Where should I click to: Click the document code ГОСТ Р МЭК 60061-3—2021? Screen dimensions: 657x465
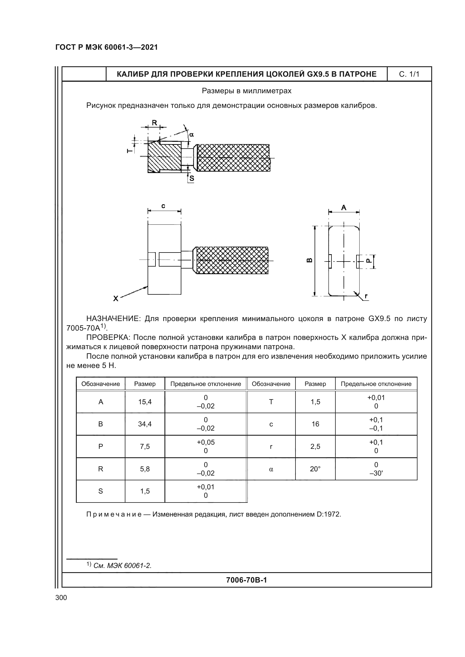(107, 47)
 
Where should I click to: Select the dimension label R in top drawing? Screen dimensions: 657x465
(154, 123)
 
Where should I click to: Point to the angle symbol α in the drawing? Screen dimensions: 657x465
(191, 135)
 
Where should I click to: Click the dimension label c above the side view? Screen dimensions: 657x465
(163, 206)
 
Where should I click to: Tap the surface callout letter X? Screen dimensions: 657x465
(115, 299)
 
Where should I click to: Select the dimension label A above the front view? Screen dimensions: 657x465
(344, 208)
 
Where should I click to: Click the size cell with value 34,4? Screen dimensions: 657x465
(145, 424)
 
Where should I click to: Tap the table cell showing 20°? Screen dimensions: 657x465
(315, 469)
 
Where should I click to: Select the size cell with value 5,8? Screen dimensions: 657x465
(145, 469)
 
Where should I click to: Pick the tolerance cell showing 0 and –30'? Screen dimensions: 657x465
(376, 469)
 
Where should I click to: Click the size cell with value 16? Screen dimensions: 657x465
(315, 424)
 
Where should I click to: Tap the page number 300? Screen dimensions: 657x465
(61, 598)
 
